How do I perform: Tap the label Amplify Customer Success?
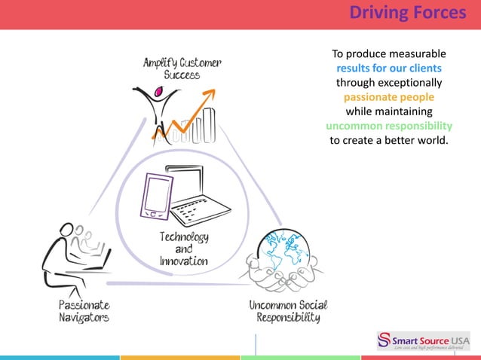point(182,69)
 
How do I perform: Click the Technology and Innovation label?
point(183,249)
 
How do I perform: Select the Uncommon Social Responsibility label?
point(289,311)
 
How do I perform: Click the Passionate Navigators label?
point(84,311)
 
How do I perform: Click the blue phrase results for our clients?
point(389,69)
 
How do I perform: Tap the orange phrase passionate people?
point(389,97)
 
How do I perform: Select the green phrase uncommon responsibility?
point(389,126)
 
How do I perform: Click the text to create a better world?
point(389,140)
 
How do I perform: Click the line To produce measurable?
point(389,54)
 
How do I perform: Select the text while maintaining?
point(389,111)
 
